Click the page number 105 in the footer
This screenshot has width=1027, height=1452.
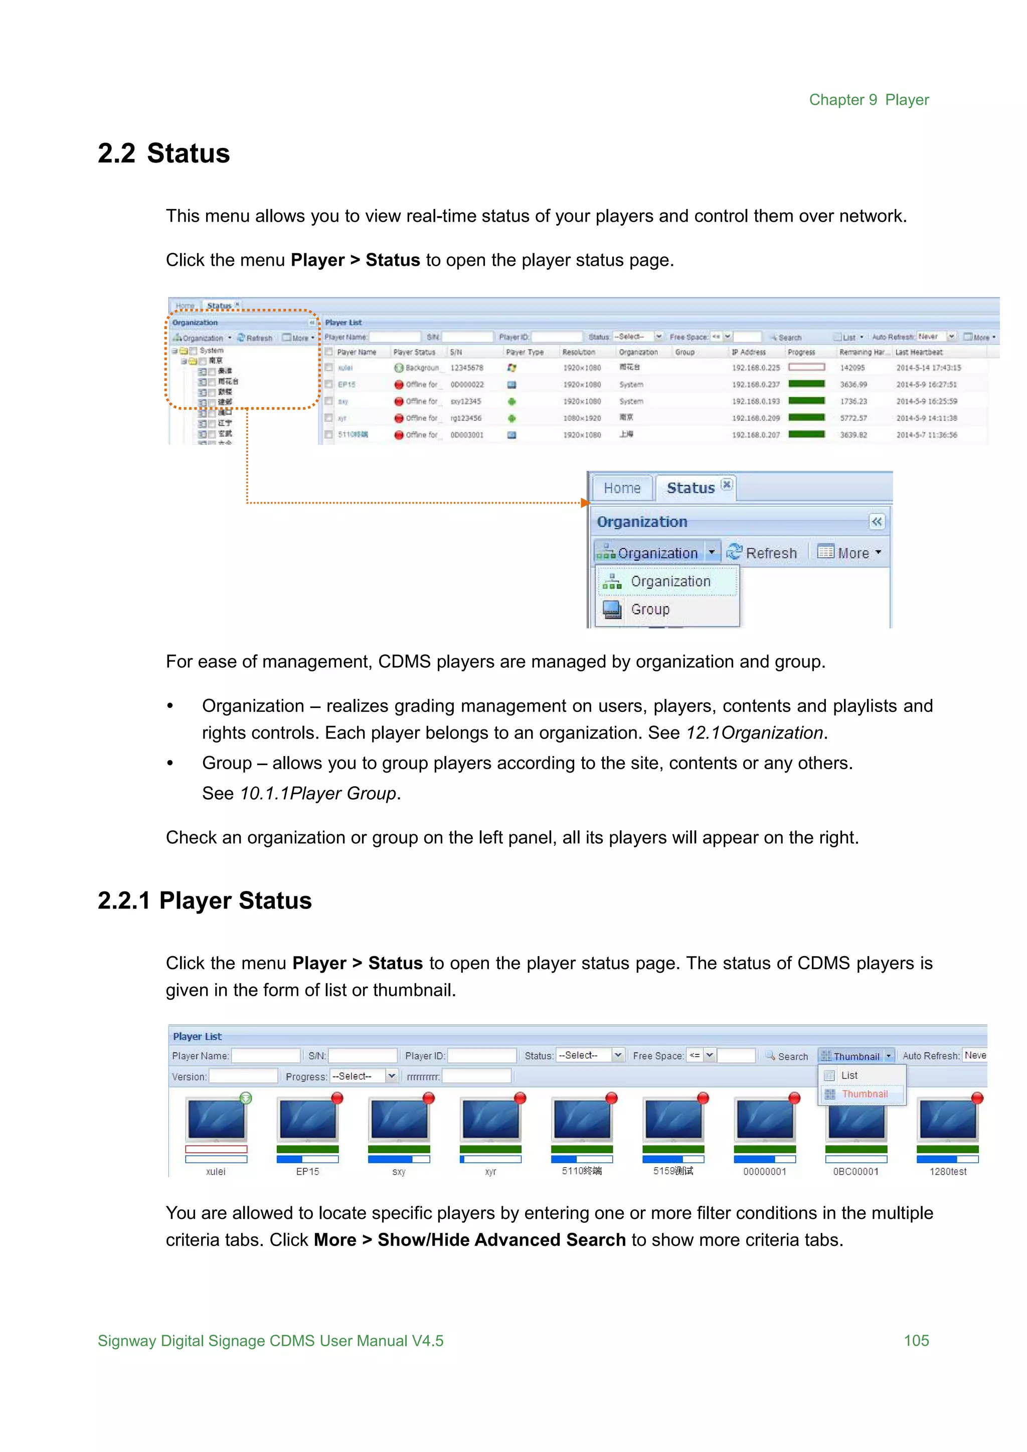[x=916, y=1341]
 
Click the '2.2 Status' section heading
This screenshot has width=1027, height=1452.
[x=164, y=154]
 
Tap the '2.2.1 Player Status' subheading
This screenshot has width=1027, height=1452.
[x=204, y=900]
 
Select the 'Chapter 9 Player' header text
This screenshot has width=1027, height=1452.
[x=869, y=100]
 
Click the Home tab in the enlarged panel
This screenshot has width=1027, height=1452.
[x=622, y=488]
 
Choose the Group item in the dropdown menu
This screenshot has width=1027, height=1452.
[x=650, y=610]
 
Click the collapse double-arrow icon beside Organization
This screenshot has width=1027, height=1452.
[x=877, y=522]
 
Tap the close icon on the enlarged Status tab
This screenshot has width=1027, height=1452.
[x=727, y=484]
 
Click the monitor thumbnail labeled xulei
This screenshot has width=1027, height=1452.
[x=216, y=1120]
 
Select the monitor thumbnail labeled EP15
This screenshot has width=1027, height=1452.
[x=308, y=1120]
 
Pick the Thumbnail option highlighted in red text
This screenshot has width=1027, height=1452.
[x=865, y=1094]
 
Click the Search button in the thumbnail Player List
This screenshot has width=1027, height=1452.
[x=787, y=1056]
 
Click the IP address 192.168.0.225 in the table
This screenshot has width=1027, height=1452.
[x=756, y=368]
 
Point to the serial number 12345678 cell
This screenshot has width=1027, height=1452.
[x=467, y=368]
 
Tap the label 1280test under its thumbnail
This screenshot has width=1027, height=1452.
[x=947, y=1172]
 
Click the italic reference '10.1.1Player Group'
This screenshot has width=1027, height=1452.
[x=318, y=793]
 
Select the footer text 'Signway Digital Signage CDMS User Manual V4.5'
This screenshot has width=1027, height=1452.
[x=271, y=1341]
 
